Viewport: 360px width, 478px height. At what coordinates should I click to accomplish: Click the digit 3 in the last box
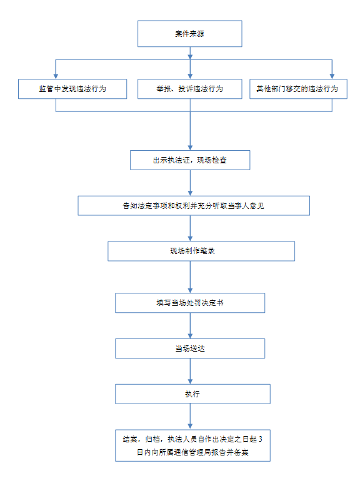[261, 439]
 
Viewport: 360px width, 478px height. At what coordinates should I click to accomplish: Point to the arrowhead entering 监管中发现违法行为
[56, 76]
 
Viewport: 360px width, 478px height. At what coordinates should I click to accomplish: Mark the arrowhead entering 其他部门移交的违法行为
[332, 76]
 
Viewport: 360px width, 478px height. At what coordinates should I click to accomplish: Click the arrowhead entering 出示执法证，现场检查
[190, 148]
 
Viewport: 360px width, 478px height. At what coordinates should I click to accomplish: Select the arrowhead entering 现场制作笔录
[190, 239]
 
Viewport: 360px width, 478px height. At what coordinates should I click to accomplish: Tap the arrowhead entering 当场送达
[190, 336]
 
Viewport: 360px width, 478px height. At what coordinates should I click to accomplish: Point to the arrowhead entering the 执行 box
[190, 382]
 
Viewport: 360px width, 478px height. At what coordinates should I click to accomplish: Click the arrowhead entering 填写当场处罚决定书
[190, 290]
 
